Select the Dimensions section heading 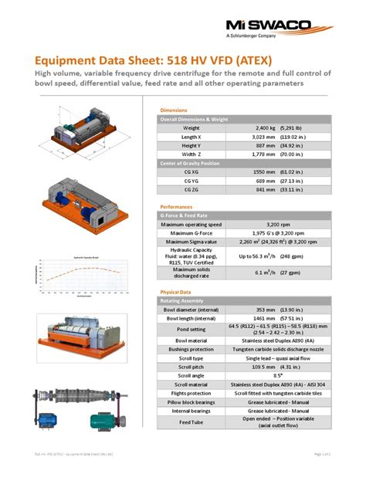(x=173, y=110)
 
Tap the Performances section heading (x=176, y=207)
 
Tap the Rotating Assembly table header (x=183, y=300)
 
